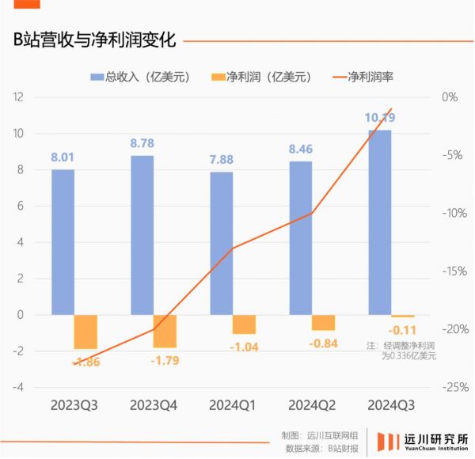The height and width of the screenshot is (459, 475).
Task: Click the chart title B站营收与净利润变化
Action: (x=93, y=40)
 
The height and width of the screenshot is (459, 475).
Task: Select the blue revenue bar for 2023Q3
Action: (x=63, y=241)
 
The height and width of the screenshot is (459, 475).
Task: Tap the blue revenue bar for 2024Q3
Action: (x=380, y=222)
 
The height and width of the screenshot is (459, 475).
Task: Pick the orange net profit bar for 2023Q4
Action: (x=165, y=331)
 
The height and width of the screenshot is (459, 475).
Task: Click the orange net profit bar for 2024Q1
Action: (x=244, y=324)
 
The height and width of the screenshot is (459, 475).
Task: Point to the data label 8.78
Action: (x=142, y=144)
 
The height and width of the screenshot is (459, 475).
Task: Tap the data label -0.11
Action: (x=401, y=330)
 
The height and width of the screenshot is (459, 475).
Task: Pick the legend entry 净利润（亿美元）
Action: (x=262, y=77)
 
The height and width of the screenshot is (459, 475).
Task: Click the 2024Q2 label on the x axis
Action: (x=311, y=405)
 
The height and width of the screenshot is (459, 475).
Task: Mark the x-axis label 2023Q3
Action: (x=74, y=405)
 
